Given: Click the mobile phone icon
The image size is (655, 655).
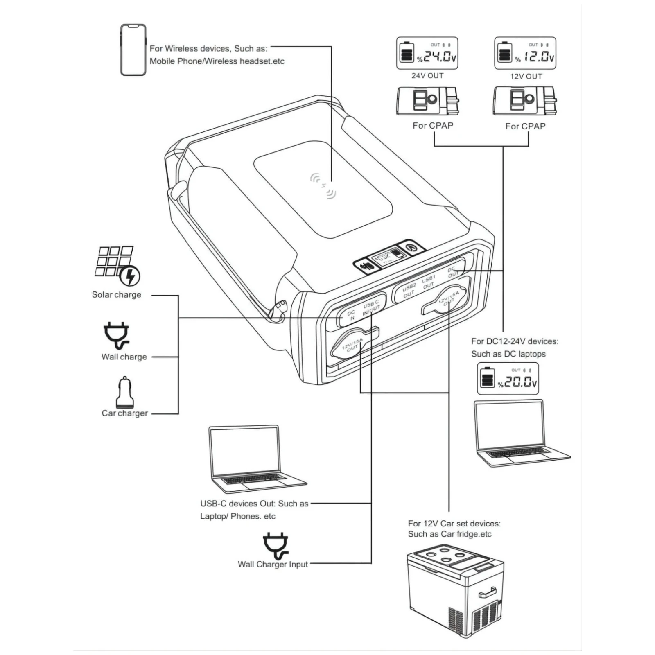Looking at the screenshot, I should [x=133, y=50].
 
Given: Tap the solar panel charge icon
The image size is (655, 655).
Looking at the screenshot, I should [x=117, y=265].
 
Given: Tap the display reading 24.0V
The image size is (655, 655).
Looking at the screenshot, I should [x=427, y=53].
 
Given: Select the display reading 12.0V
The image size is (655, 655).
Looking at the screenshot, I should [x=525, y=53].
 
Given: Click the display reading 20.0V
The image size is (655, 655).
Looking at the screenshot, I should [x=508, y=379].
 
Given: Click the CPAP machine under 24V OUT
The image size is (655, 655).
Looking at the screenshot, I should [x=427, y=100].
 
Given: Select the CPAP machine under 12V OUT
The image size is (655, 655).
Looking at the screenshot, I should [x=525, y=100].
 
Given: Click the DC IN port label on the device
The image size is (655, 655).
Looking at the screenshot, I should [x=351, y=316].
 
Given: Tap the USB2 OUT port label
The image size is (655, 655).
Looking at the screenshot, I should [x=409, y=290].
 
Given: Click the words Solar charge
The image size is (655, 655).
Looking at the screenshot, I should [x=116, y=295].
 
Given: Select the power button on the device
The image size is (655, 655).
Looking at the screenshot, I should [x=411, y=248].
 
